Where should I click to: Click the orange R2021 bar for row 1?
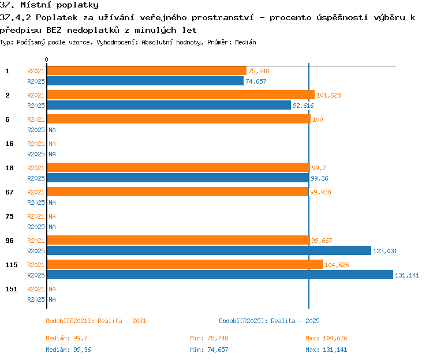point(147,71)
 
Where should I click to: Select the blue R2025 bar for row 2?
point(169,105)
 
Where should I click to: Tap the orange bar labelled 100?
point(179,119)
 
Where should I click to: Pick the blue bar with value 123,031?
point(209,250)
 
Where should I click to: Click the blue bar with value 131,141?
point(220,275)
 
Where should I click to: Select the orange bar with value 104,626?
point(185,264)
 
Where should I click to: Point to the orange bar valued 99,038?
point(178,192)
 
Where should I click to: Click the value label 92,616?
point(303,106)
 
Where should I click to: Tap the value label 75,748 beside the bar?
point(259,71)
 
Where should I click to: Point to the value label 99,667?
point(322,241)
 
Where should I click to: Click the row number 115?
point(12,265)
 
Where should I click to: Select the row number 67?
point(9,192)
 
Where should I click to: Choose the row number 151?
point(12,289)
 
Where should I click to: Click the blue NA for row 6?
point(52,130)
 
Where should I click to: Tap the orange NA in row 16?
point(52,144)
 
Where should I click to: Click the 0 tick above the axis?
point(46,59)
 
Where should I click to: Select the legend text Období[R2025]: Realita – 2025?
point(269,321)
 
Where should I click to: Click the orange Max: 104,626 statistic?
point(326,338)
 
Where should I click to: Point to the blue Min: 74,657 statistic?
point(209,350)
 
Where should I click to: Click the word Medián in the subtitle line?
point(245,42)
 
